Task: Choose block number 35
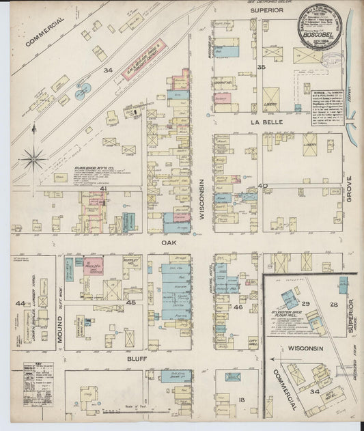tap(261, 66)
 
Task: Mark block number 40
tap(262, 185)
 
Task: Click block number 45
tap(130, 301)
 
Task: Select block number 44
tap(20, 303)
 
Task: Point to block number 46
tap(238, 307)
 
